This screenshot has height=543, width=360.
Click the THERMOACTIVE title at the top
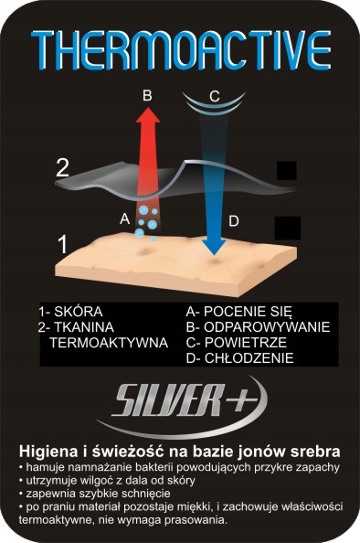click(180, 48)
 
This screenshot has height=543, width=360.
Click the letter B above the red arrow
click(147, 94)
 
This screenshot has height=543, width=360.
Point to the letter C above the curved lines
click(214, 95)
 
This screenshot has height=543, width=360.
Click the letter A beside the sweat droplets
click(124, 218)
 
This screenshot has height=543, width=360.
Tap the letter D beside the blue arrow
click(234, 220)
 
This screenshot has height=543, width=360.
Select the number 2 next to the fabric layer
click(62, 167)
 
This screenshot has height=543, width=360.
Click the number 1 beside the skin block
click(62, 245)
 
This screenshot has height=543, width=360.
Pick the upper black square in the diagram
click(287, 171)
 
